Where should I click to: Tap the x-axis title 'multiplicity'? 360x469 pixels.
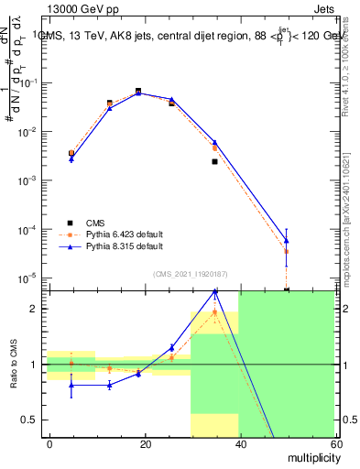302,455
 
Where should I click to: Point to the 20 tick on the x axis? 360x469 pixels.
145,442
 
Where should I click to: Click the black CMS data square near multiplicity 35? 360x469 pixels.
214,161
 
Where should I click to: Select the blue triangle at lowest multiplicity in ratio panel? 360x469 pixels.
71,386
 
